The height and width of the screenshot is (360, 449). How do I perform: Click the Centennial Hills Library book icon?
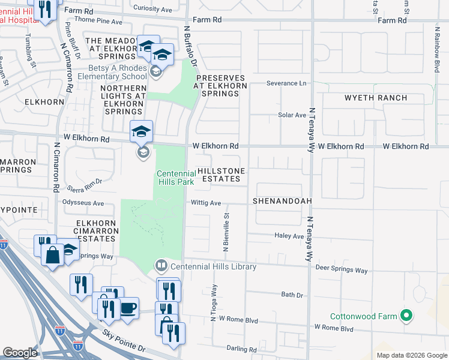(161, 265)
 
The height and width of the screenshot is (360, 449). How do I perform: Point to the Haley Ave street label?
(290, 236)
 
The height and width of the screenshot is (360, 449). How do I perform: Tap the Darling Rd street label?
(242, 349)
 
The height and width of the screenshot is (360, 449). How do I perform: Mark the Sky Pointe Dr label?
(123, 340)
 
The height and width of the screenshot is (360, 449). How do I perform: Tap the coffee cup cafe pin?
(128, 308)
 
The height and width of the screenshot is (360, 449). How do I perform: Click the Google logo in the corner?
(20, 353)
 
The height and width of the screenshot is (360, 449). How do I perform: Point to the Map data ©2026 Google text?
(411, 355)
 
